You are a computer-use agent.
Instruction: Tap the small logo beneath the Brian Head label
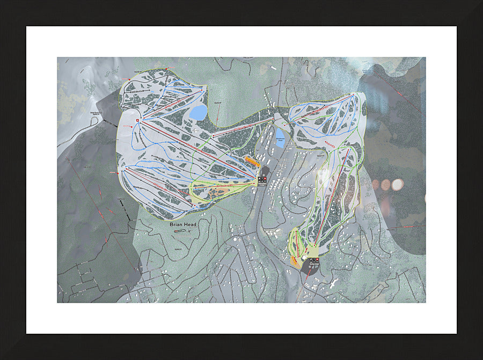(181, 231)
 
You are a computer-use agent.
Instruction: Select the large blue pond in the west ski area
(199, 113)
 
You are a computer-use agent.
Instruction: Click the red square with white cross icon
(138, 120)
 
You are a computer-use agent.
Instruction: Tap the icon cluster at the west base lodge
(262, 181)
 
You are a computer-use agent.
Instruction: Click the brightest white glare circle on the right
(397, 185)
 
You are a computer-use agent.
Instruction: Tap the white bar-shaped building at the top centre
(275, 68)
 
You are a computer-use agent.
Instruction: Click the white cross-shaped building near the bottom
(333, 283)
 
